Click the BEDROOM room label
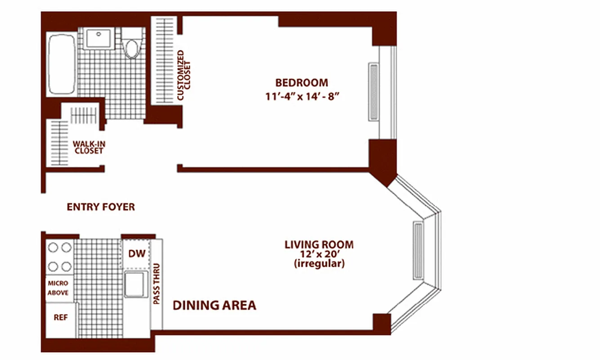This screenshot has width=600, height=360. pyautogui.click(x=302, y=82)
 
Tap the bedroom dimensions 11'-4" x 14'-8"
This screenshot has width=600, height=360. pyautogui.click(x=302, y=96)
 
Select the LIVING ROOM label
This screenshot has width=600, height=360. pyautogui.click(x=319, y=245)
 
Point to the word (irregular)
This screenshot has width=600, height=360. pyautogui.click(x=319, y=264)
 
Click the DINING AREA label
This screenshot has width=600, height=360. pyautogui.click(x=214, y=305)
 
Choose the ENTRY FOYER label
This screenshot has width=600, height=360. pyautogui.click(x=101, y=207)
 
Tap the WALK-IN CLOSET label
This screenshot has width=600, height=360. pyautogui.click(x=89, y=148)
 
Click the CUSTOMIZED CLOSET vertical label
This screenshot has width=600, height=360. pyautogui.click(x=184, y=75)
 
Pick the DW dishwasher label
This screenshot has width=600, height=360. pyautogui.click(x=137, y=254)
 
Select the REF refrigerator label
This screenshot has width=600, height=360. pyautogui.click(x=61, y=317)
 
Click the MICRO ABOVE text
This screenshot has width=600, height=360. pyautogui.click(x=58, y=288)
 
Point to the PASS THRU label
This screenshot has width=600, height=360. pyautogui.click(x=156, y=284)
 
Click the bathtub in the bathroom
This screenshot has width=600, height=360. pyautogui.click(x=62, y=64)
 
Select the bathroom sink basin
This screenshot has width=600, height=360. pyautogui.click(x=99, y=38)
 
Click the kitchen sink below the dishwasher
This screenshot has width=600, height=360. pyautogui.click(x=136, y=284)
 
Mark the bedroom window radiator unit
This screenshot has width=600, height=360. pyautogui.click(x=374, y=92)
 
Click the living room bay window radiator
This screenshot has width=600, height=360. pyautogui.click(x=418, y=251)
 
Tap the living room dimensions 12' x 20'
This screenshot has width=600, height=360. pyautogui.click(x=319, y=254)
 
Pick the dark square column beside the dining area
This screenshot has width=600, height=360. pyautogui.click(x=382, y=322)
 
